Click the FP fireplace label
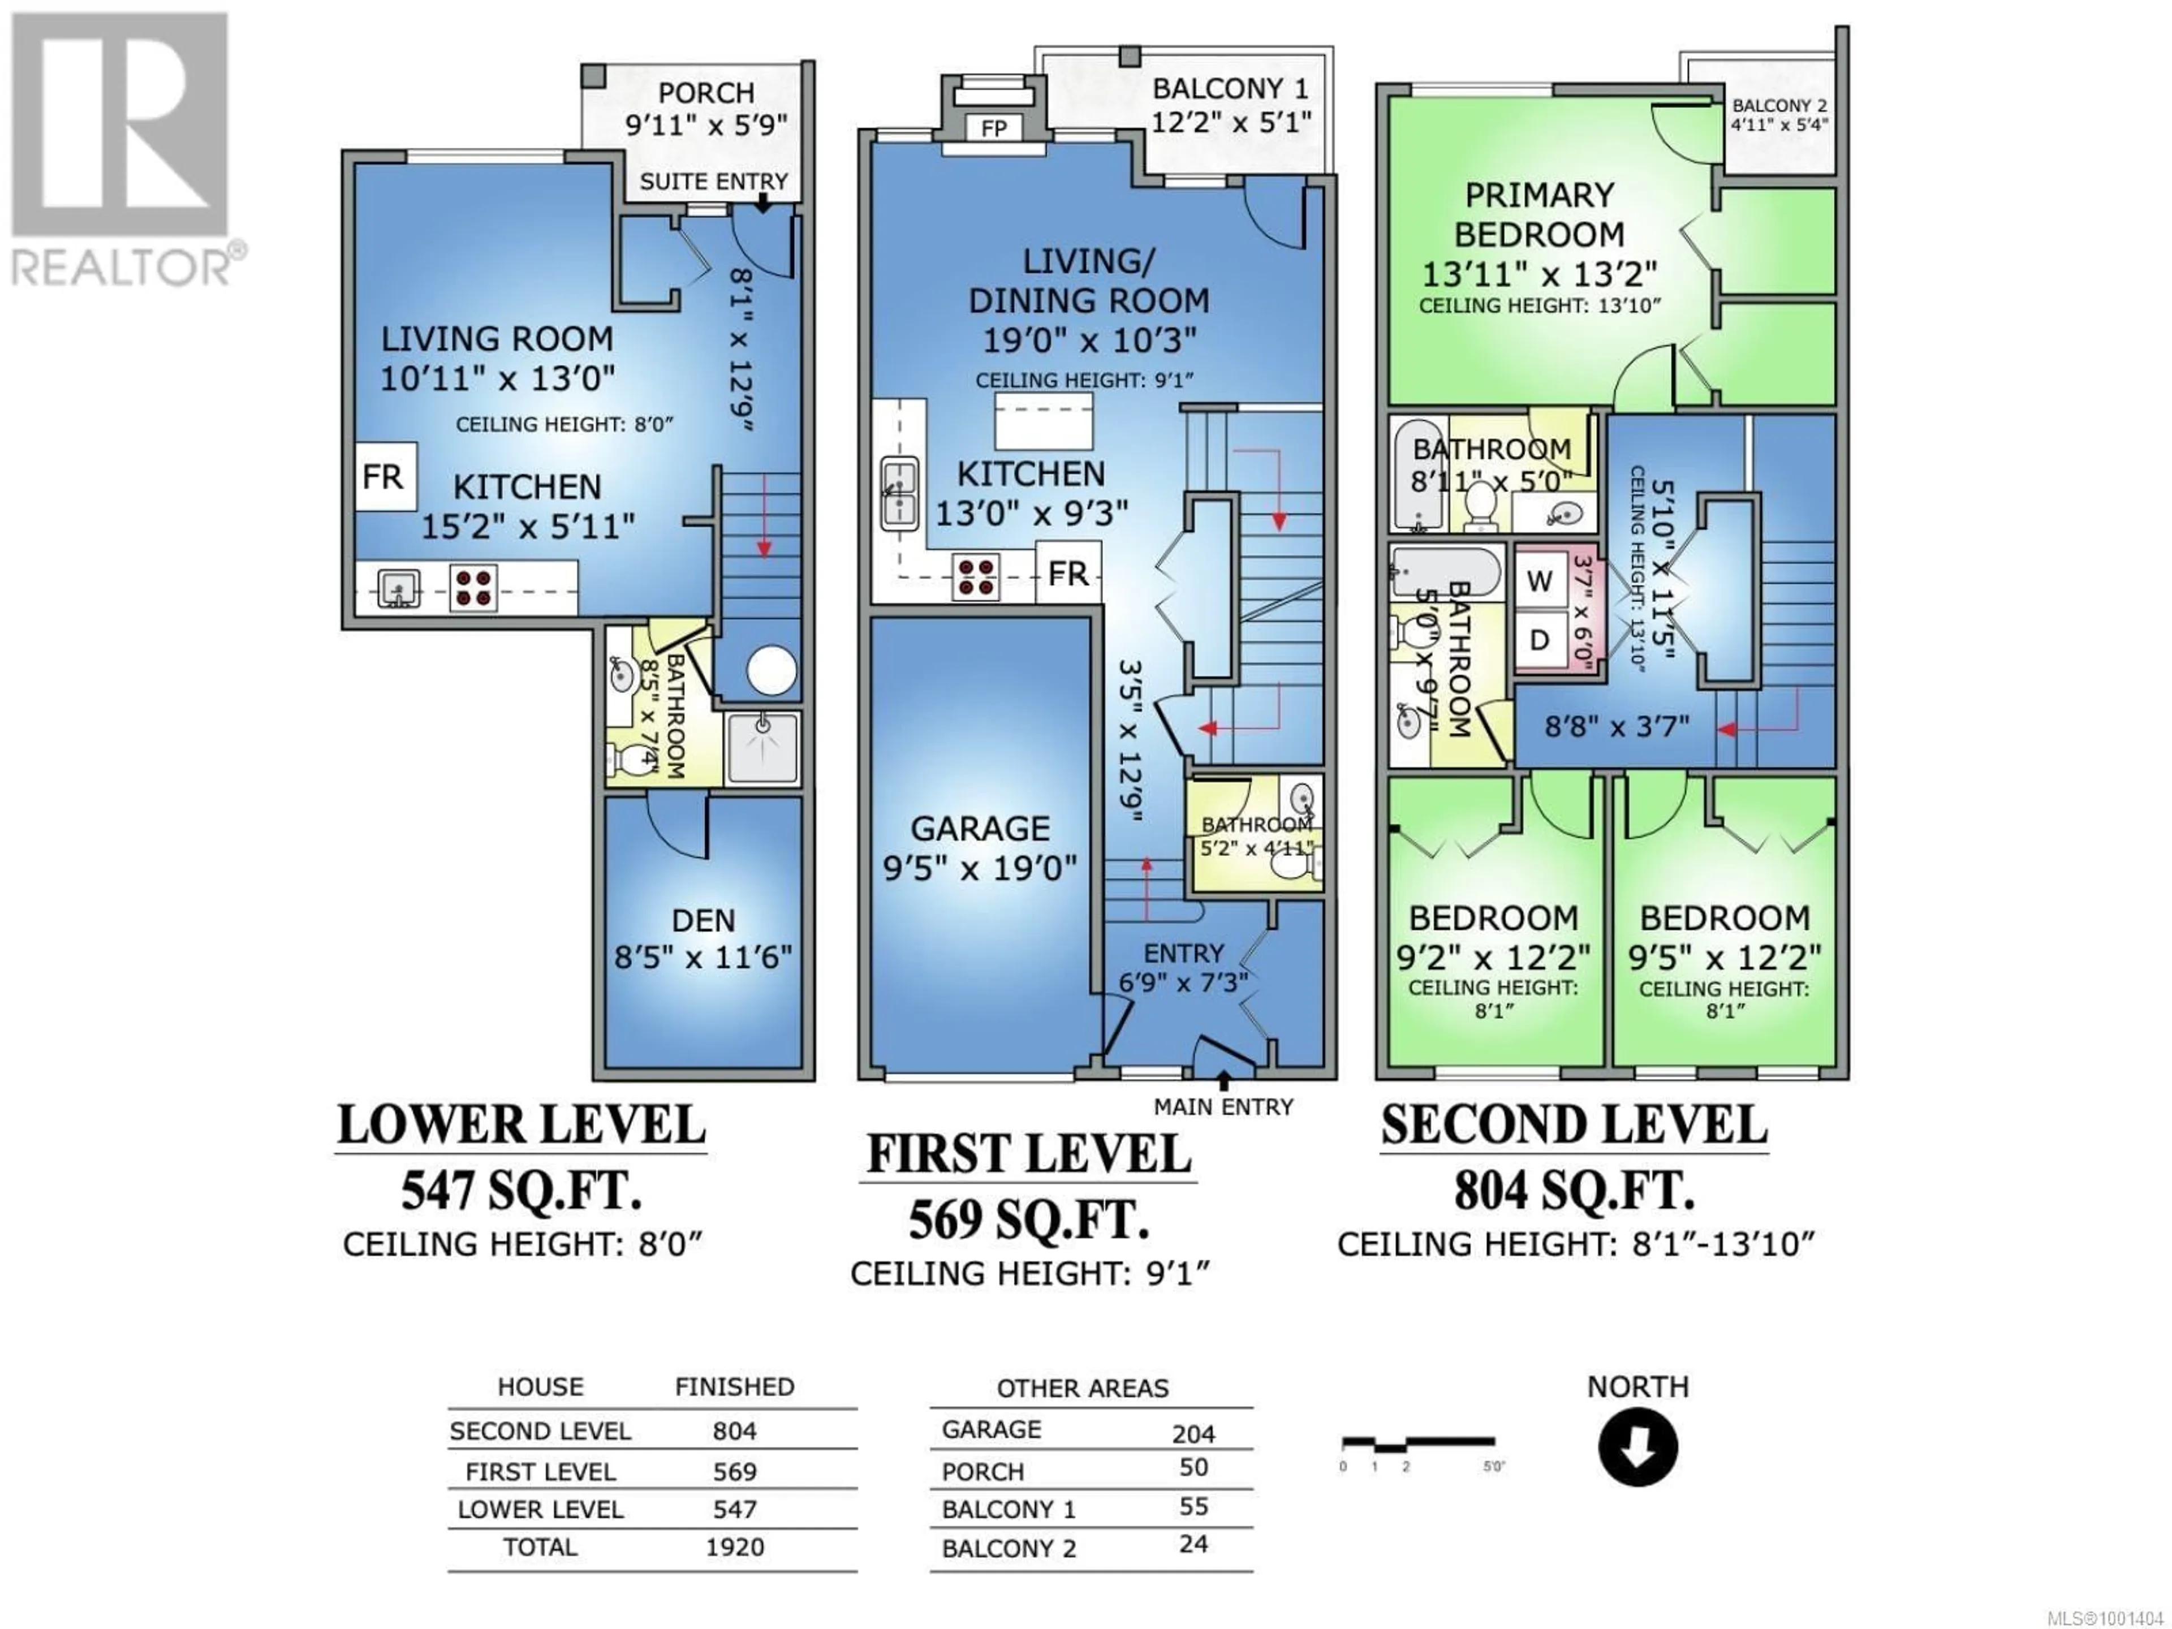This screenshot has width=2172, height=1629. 994,128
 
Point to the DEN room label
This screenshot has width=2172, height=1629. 703,921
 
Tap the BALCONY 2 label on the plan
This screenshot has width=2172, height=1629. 1779,106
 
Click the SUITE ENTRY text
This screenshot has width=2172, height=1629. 714,182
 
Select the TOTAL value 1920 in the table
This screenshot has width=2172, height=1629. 735,1548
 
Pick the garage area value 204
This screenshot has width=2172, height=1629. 1194,1434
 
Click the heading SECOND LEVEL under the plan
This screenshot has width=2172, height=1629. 1574,1125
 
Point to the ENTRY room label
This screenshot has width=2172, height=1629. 1184,954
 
